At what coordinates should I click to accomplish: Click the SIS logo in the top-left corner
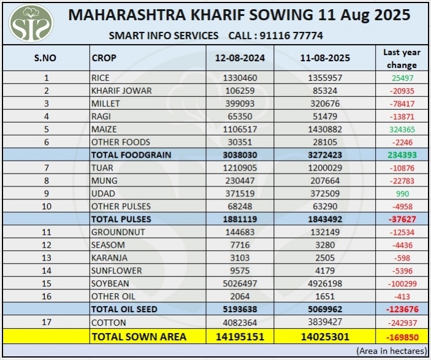pos(31,23)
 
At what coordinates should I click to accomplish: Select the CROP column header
pos(104,58)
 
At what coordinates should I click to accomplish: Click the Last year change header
pos(402,58)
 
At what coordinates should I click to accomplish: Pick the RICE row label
pos(101,78)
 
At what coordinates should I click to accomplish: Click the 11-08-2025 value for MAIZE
pos(330,129)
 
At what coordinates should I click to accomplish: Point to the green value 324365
pos(402,129)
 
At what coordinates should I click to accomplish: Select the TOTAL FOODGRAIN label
pos(131,155)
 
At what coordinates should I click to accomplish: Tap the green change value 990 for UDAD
pos(402,193)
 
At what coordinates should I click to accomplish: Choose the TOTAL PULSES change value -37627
pos(402,219)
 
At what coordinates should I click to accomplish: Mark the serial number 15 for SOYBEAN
pos(46,283)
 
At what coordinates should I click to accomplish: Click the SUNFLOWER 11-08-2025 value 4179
pos(330,270)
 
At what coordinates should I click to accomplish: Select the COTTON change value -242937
pos(402,323)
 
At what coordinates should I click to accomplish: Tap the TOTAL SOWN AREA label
pos(139,336)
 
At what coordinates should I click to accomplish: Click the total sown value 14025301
pos(330,336)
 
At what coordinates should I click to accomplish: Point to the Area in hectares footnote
pos(391,351)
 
